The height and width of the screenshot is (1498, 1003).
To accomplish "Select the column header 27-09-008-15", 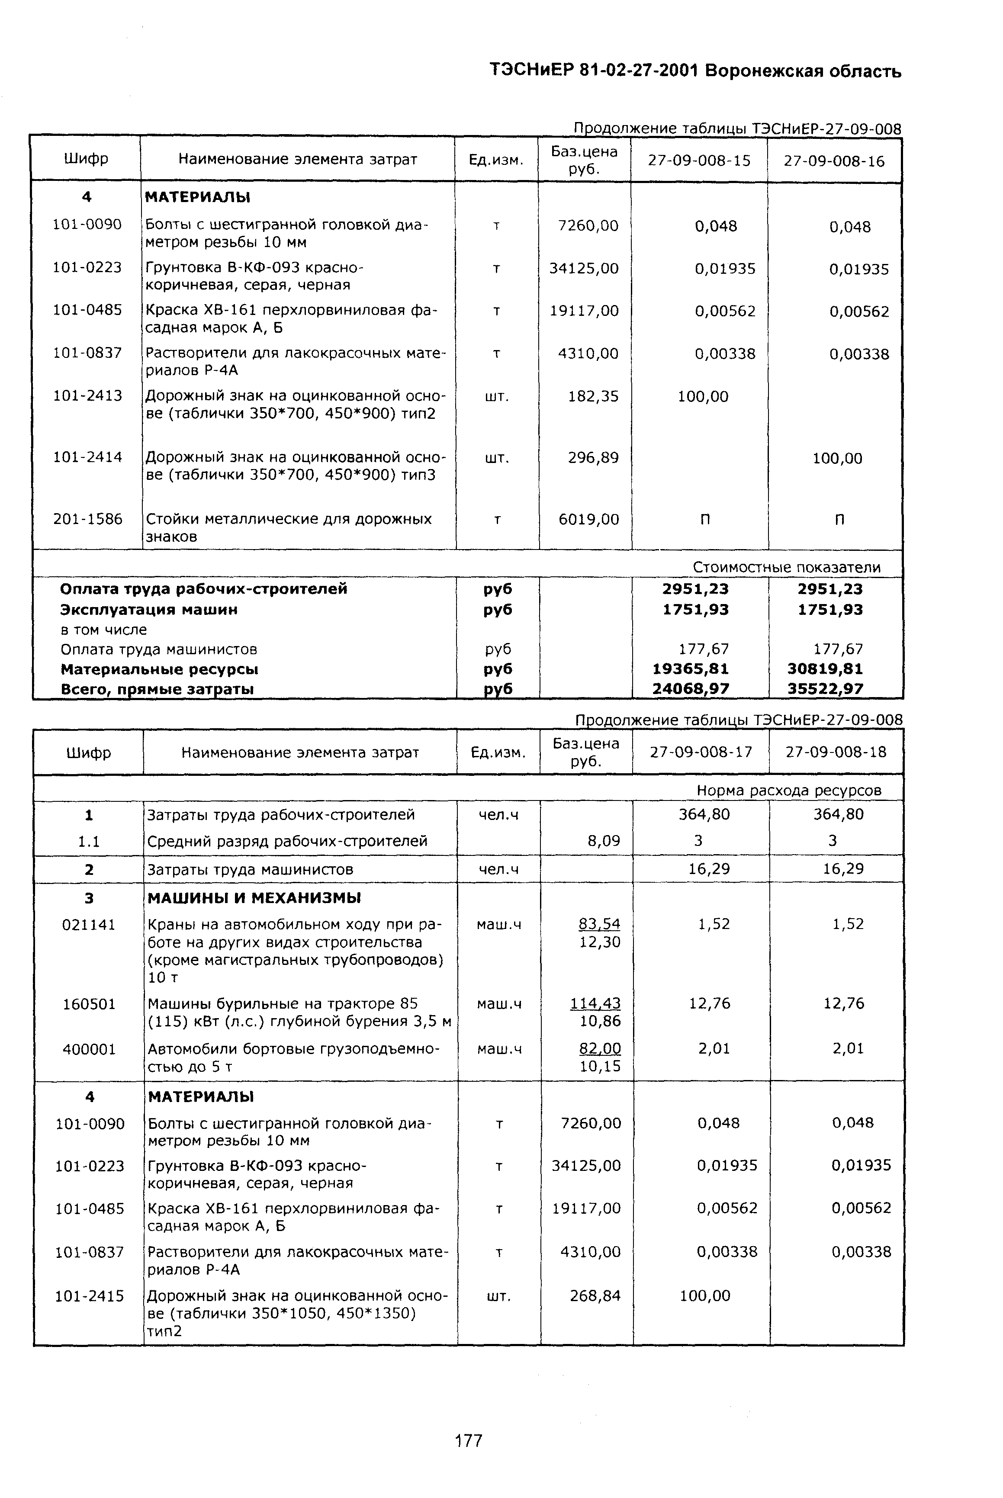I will click(x=699, y=161).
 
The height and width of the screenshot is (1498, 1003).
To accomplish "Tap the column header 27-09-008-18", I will click(x=836, y=752).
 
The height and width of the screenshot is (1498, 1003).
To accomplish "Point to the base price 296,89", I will click(x=593, y=458).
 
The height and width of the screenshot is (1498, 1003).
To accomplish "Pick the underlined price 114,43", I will click(x=595, y=1003).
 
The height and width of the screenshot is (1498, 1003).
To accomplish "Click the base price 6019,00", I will click(x=588, y=519).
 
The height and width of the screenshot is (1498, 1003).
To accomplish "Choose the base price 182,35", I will click(x=593, y=396).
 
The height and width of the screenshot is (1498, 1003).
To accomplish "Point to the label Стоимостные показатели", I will click(x=786, y=567).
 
